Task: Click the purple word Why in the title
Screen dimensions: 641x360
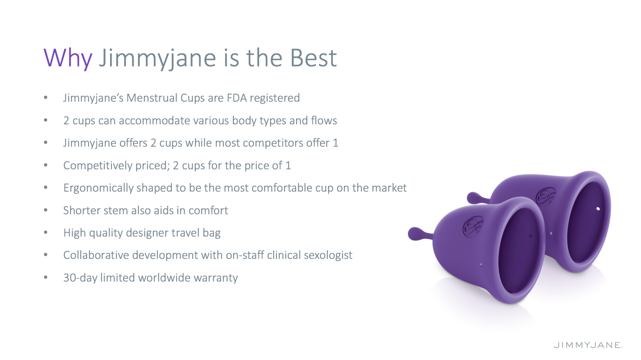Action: click(68, 58)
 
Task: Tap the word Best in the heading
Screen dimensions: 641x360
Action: click(313, 58)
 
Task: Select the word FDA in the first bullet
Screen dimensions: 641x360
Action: click(237, 98)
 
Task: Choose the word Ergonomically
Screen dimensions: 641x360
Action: click(98, 188)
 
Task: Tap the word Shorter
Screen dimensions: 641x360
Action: click(81, 211)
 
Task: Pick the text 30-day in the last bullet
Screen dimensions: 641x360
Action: click(80, 278)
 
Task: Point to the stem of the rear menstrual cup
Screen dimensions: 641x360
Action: click(478, 198)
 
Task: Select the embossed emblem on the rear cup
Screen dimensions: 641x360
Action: click(545, 196)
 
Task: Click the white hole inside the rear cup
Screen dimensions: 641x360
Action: click(598, 209)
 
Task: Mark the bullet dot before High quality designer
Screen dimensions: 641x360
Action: click(45, 232)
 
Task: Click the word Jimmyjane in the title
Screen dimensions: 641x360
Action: click(157, 59)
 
